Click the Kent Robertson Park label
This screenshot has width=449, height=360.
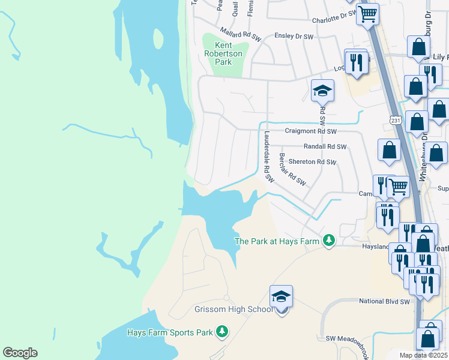[x=222, y=53]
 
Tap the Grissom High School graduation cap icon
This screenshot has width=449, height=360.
[x=281, y=296]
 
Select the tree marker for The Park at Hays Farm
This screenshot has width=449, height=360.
[x=328, y=241]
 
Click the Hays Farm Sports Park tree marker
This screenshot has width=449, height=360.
[x=222, y=332]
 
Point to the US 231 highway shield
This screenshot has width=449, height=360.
[x=394, y=120]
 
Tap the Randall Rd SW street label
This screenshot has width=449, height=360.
[x=325, y=146]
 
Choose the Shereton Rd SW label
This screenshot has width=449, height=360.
[x=312, y=161]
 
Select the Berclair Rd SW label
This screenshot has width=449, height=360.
[x=292, y=169]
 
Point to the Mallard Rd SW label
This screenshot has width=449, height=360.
[x=242, y=35]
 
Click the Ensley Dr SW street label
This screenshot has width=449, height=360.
[x=294, y=37]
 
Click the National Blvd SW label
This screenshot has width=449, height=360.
[x=384, y=301]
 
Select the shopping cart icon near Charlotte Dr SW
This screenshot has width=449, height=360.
[x=367, y=13]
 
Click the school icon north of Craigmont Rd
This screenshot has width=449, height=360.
[x=322, y=91]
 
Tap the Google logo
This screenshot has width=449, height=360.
[x=20, y=353]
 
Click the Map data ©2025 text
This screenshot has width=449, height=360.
[x=423, y=355]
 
